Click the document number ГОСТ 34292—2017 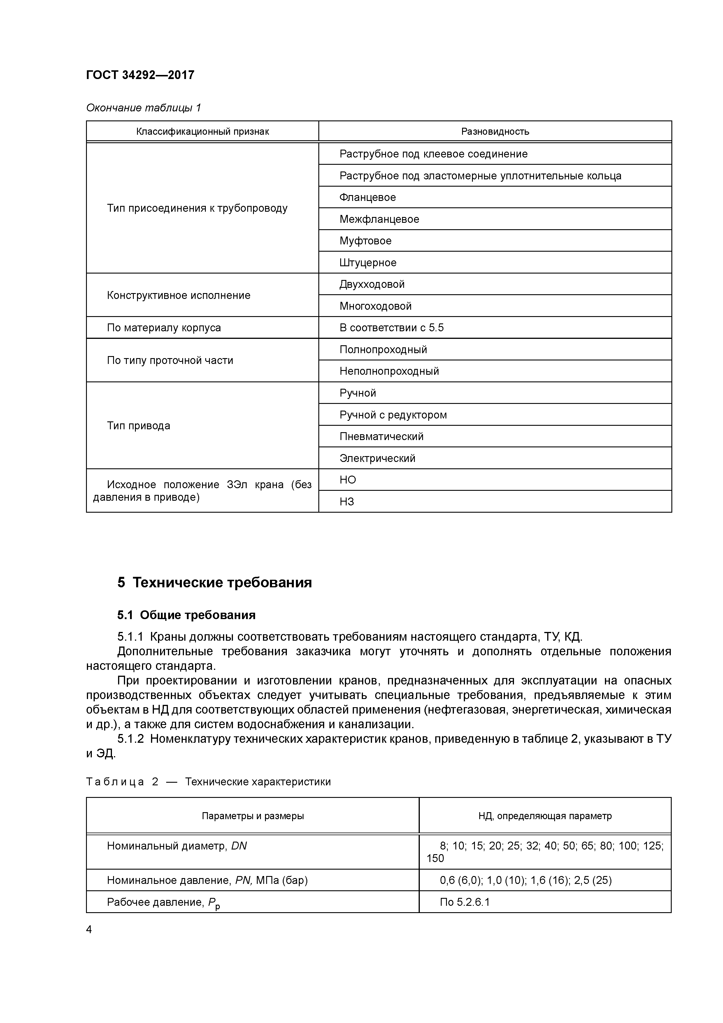pyautogui.click(x=140, y=75)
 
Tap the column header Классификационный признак pyautogui.click(x=202, y=132)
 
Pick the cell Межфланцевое pyautogui.click(x=379, y=219)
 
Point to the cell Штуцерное pyautogui.click(x=368, y=262)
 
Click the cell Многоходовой pyautogui.click(x=375, y=306)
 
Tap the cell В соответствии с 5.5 pyautogui.click(x=391, y=328)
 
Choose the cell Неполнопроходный pyautogui.click(x=389, y=371)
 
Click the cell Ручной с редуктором pyautogui.click(x=393, y=415)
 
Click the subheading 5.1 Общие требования pyautogui.click(x=186, y=615)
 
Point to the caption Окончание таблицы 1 pyautogui.click(x=143, y=108)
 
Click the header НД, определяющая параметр pyautogui.click(x=545, y=816)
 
